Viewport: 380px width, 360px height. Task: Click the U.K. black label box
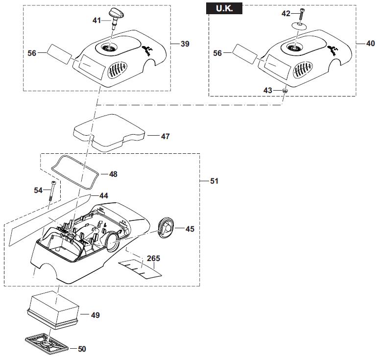click(x=224, y=8)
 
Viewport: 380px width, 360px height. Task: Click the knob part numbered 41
click(x=116, y=15)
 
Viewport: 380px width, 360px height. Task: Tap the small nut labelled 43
click(x=285, y=91)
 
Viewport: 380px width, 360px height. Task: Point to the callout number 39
click(x=185, y=44)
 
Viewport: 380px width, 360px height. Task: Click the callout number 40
click(x=371, y=44)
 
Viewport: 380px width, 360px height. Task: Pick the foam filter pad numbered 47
click(x=109, y=132)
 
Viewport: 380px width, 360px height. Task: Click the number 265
click(x=153, y=258)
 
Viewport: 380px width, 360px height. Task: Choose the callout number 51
click(x=214, y=181)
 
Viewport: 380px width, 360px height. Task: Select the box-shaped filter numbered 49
click(x=52, y=310)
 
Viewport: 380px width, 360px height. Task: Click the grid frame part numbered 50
click(x=47, y=344)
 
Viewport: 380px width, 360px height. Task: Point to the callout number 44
click(x=104, y=195)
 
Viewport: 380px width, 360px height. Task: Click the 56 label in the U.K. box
click(x=217, y=53)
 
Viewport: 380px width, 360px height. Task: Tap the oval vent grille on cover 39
click(x=118, y=71)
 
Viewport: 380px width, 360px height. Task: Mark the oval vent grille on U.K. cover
click(x=303, y=71)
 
